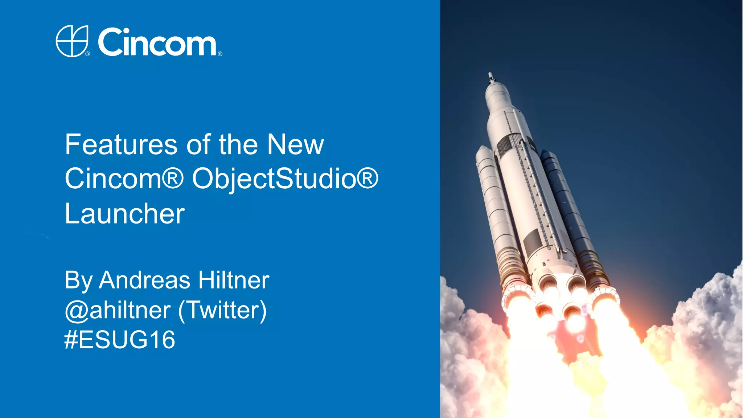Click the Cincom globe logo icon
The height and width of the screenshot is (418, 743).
point(72,41)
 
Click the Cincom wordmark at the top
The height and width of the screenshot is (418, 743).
point(157,42)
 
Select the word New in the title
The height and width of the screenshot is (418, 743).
point(295,144)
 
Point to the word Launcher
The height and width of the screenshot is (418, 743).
point(125,214)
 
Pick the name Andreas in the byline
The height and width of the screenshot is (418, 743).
point(145,280)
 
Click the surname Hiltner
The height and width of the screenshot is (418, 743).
point(234,280)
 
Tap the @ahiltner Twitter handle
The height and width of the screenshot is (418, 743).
point(118,310)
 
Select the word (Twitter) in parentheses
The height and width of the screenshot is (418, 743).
point(223,310)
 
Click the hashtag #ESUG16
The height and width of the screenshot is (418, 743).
point(120,340)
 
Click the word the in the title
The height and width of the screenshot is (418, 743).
point(238,144)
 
